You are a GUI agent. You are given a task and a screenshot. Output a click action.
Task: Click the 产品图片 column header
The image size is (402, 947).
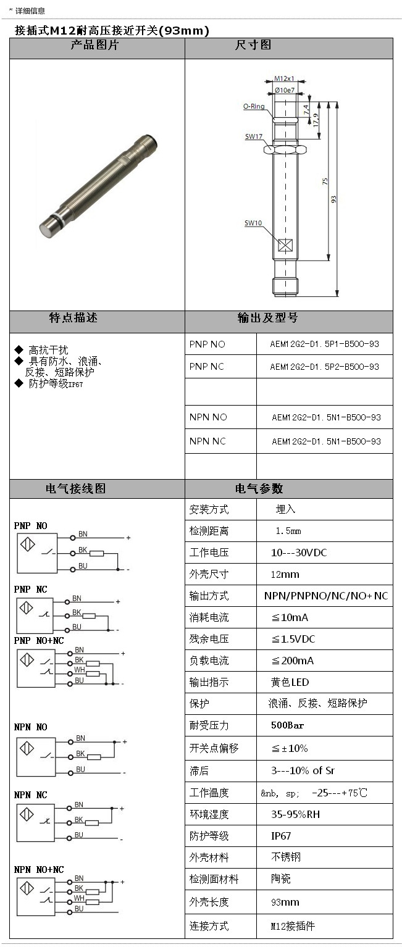96,45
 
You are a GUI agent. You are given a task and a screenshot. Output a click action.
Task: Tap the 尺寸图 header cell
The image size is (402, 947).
253,45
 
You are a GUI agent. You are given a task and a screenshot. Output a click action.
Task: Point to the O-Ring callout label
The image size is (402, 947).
253,106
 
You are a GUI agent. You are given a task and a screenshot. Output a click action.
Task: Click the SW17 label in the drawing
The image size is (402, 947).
254,136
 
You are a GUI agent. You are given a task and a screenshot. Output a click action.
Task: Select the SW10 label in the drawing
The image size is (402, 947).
253,223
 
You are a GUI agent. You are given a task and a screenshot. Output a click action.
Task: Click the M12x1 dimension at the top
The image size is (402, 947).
284,79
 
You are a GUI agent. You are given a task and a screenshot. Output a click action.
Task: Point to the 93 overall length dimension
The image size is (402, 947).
334,199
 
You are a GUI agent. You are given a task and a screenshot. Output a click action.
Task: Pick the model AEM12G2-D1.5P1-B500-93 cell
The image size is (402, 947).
324,343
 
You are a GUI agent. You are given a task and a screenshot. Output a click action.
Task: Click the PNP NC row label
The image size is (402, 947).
207,367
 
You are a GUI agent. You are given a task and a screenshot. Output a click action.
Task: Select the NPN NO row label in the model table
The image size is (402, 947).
208,417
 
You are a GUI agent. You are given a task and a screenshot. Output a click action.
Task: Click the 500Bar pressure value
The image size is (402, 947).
287,725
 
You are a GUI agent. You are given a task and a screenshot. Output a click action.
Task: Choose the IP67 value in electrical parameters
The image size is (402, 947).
281,836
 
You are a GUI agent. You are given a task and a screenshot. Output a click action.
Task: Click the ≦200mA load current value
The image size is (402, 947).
293,661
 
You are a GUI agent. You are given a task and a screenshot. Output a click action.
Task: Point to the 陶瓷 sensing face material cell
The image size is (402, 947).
281,879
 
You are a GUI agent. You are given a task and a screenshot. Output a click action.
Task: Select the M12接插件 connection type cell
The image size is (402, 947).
293,926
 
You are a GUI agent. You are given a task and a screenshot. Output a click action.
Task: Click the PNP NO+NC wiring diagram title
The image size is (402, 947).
39,641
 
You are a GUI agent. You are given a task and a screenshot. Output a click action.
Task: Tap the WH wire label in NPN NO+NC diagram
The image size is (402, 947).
79,898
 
